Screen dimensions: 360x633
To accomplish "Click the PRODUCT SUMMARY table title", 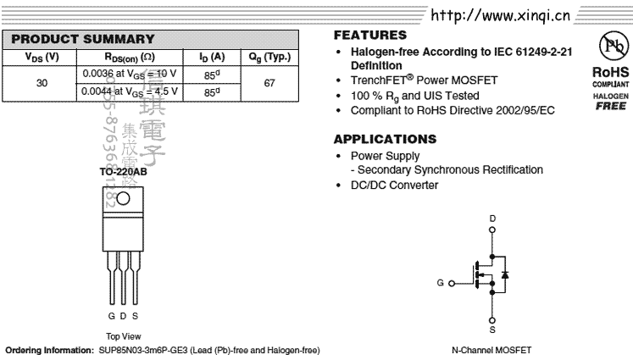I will [x=83, y=39].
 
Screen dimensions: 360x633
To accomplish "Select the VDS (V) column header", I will [x=42, y=57].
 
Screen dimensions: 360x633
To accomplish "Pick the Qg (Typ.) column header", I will [x=269, y=57].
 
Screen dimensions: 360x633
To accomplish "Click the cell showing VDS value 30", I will [x=42, y=83].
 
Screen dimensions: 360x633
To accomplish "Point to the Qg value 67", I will [x=269, y=83].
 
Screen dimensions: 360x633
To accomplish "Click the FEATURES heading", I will [x=370, y=36].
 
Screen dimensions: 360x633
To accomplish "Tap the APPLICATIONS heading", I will [x=385, y=139].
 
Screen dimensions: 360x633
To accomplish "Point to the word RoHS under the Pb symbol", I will [x=610, y=73].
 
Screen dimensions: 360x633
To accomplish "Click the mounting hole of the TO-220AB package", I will [x=123, y=199].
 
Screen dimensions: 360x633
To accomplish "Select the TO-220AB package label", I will [x=123, y=172].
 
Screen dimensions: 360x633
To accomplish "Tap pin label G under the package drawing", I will [x=111, y=316].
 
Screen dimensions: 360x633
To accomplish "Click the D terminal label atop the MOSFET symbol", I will [x=492, y=219].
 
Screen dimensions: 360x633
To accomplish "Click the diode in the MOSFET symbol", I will [x=505, y=275].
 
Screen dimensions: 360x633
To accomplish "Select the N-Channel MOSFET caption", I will [x=491, y=350].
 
